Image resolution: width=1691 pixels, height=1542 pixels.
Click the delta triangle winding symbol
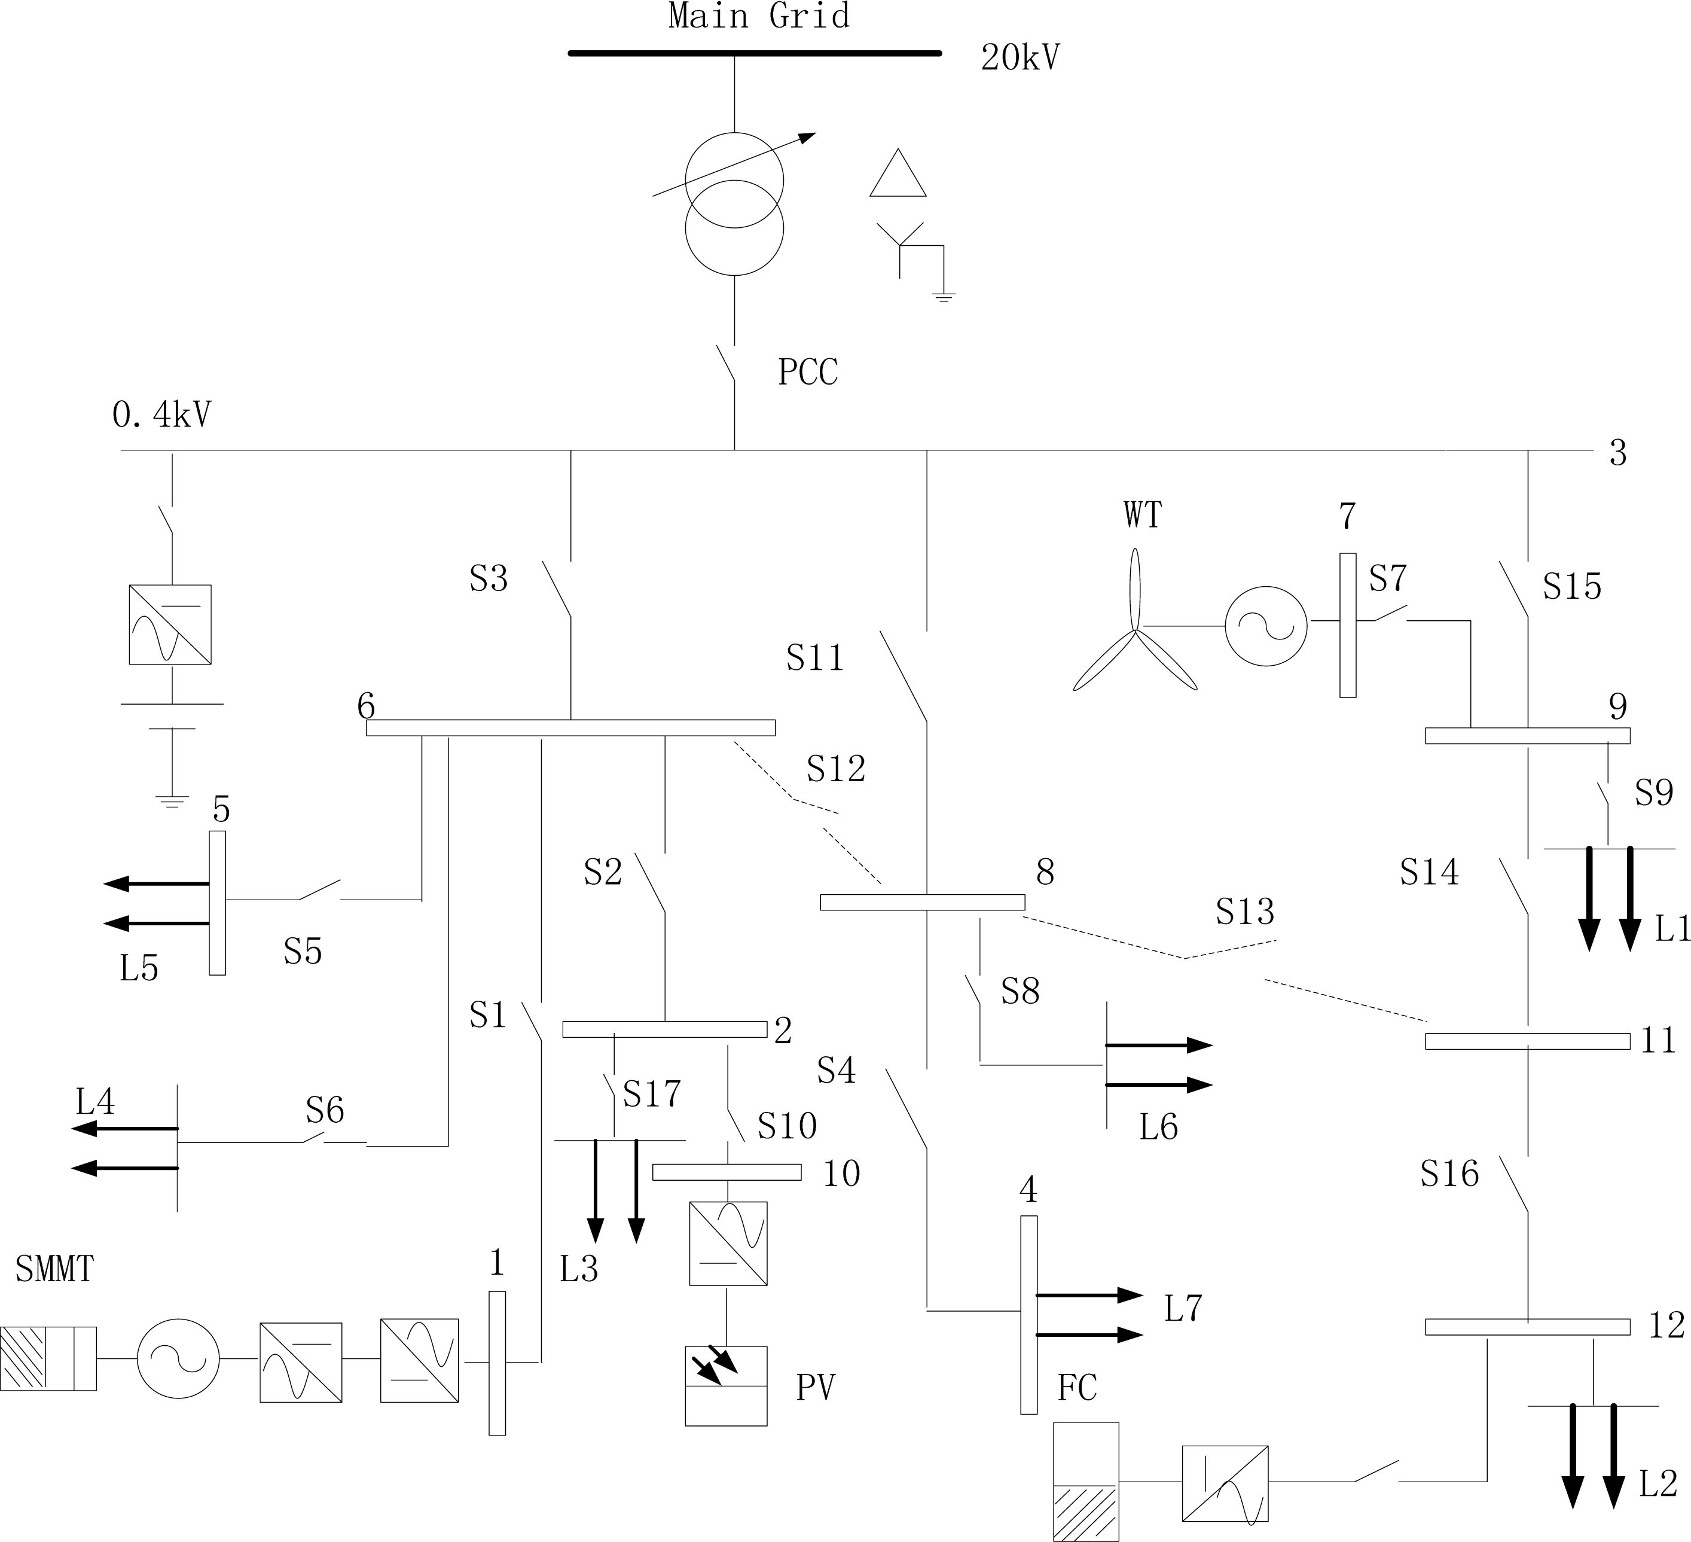[x=898, y=175]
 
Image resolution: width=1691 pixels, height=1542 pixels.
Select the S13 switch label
[x=1245, y=911]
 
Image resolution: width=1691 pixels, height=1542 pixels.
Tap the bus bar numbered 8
[x=922, y=903]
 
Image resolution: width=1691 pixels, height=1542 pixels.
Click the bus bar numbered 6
[x=570, y=727]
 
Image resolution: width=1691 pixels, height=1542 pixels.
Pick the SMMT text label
[x=54, y=1269]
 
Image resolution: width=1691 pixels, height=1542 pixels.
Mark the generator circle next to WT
[x=1266, y=626]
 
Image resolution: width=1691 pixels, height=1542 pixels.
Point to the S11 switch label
[x=814, y=658]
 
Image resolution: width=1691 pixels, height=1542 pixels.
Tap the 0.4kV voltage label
[x=162, y=415]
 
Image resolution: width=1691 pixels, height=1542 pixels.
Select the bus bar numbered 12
[x=1527, y=1327]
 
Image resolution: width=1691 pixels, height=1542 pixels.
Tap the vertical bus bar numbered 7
[x=1347, y=625]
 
